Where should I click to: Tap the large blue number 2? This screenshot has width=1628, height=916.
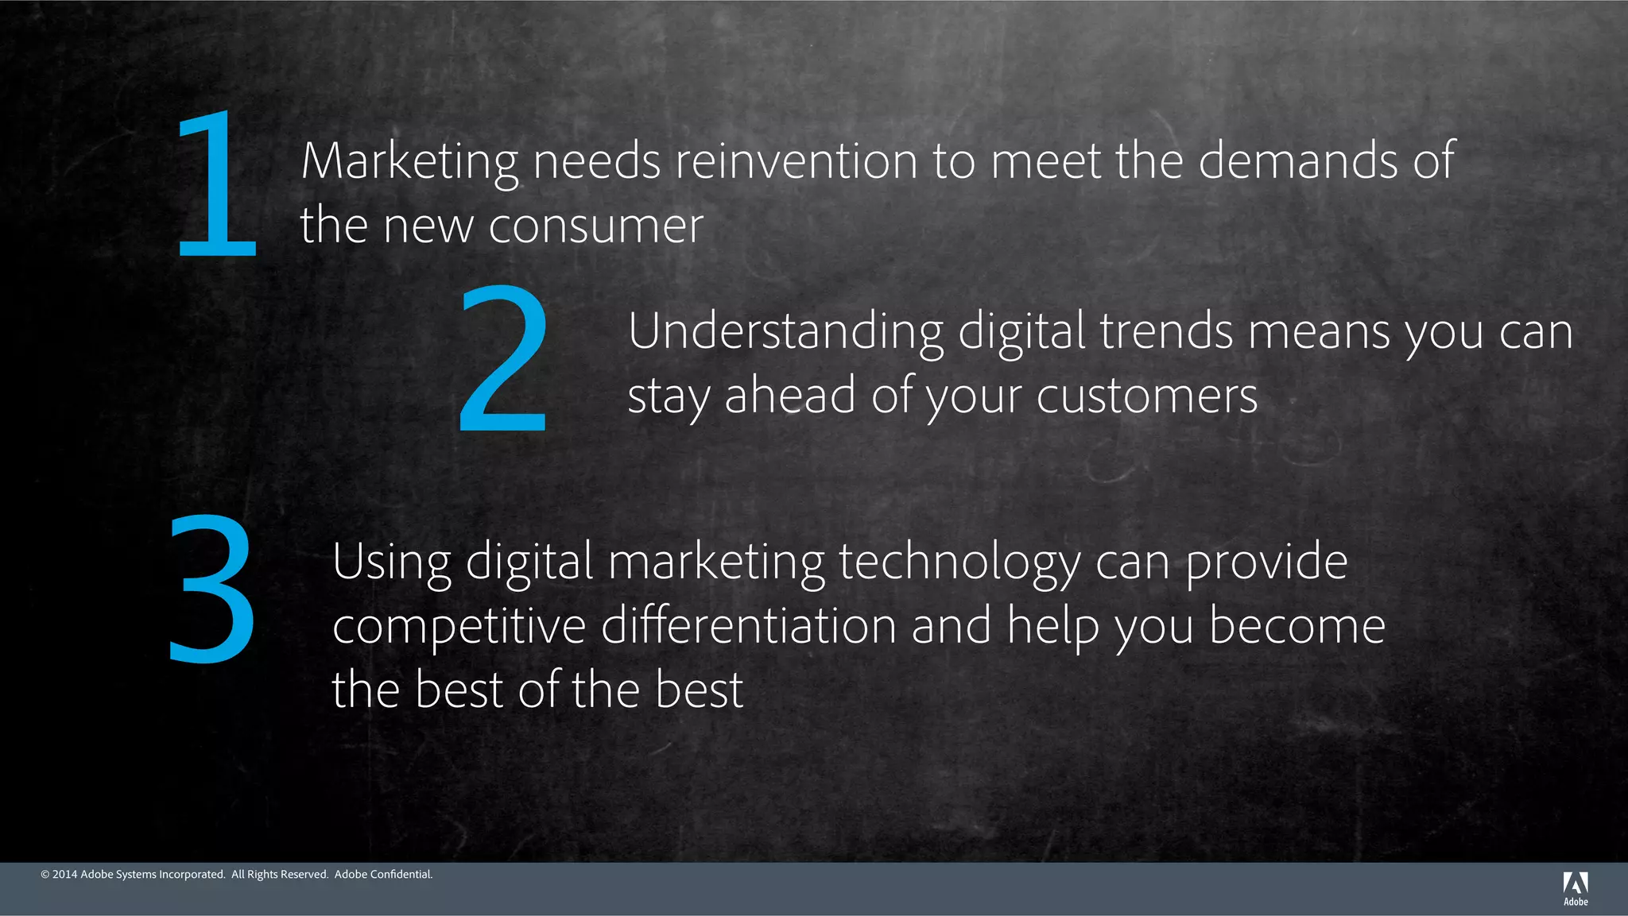[504, 358]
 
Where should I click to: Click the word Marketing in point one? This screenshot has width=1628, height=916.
[409, 161]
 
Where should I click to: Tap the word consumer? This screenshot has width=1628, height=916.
[595, 226]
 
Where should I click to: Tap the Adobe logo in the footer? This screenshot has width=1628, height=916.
[1576, 888]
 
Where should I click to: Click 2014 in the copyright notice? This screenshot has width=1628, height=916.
[64, 875]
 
